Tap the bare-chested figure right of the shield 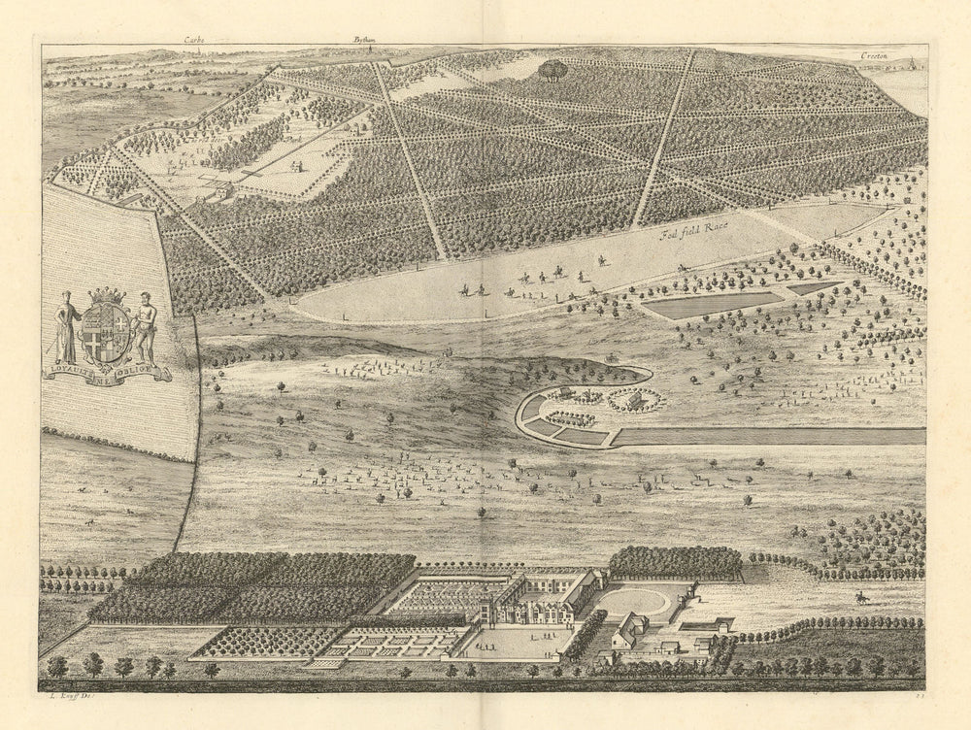[x=146, y=328]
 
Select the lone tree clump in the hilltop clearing [x=553, y=69]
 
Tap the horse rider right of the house [x=860, y=597]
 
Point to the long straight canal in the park [x=767, y=436]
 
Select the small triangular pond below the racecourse [x=813, y=287]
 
